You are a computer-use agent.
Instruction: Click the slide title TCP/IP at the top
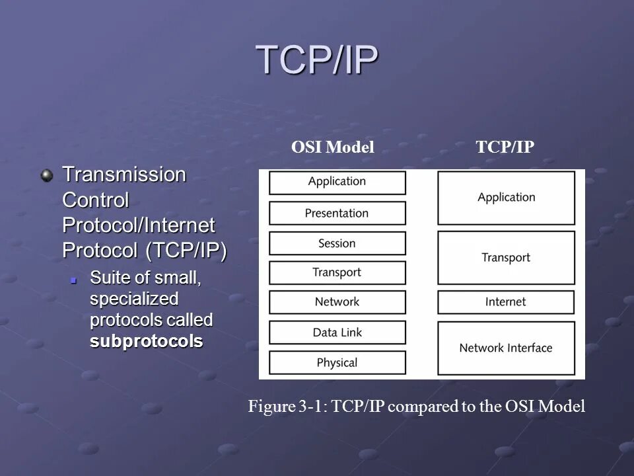pyautogui.click(x=317, y=60)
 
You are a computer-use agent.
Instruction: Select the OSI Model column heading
pyautogui.click(x=333, y=147)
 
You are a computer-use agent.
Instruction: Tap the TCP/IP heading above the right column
pyautogui.click(x=505, y=147)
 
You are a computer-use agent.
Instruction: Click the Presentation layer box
pyautogui.click(x=337, y=213)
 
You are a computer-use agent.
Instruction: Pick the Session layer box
pyautogui.click(x=337, y=243)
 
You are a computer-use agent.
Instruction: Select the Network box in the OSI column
pyautogui.click(x=337, y=301)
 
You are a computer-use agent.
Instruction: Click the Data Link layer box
pyautogui.click(x=337, y=332)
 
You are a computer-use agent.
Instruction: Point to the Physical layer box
pyautogui.click(x=337, y=362)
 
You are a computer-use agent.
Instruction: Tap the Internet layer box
pyautogui.click(x=506, y=301)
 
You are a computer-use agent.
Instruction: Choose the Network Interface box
pyautogui.click(x=506, y=348)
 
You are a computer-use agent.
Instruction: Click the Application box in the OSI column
pyautogui.click(x=337, y=182)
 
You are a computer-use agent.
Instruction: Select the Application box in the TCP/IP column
pyautogui.click(x=506, y=198)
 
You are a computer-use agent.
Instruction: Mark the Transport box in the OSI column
pyautogui.click(x=337, y=272)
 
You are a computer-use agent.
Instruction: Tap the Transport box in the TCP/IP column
pyautogui.click(x=506, y=258)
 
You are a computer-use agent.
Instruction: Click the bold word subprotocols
pyautogui.click(x=146, y=342)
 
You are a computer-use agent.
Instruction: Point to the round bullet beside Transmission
pyautogui.click(x=47, y=175)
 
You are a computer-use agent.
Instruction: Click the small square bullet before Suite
pyautogui.click(x=75, y=280)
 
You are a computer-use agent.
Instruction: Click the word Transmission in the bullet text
pyautogui.click(x=124, y=175)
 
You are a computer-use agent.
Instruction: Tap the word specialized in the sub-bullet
pyautogui.click(x=134, y=298)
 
